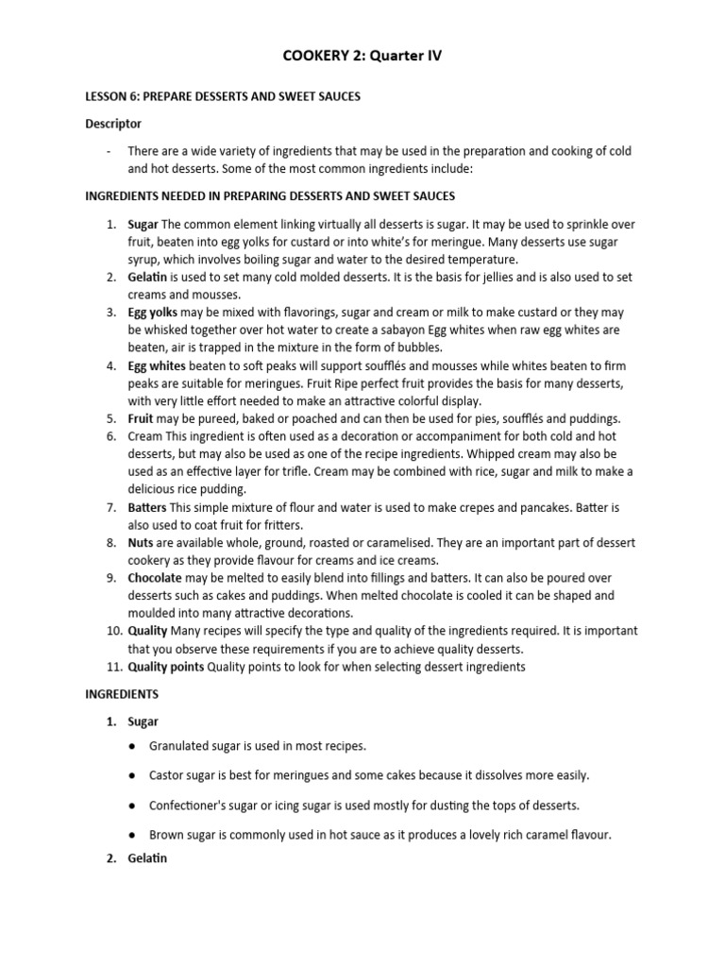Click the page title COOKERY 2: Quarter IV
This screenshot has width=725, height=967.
pos(362,57)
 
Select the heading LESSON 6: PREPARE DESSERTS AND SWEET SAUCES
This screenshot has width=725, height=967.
pos(223,96)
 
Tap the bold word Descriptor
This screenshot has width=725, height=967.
pos(113,124)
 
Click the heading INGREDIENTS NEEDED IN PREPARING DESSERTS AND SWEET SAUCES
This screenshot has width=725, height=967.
pos(270,196)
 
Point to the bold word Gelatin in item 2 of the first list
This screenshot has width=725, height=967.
pos(147,278)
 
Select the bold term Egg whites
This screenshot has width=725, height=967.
pos(158,365)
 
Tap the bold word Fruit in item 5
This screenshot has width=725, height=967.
pos(143,418)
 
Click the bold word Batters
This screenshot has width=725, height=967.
pos(148,507)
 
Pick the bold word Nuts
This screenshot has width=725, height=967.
pos(142,543)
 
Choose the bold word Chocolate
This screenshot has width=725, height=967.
pos(155,578)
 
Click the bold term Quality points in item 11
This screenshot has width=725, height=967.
pos(166,667)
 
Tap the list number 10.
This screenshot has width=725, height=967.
pos(110,631)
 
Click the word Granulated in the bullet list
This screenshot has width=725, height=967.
pos(179,746)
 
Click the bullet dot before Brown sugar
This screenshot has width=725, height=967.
pos(131,835)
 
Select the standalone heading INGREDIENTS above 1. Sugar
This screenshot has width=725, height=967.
pos(122,694)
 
